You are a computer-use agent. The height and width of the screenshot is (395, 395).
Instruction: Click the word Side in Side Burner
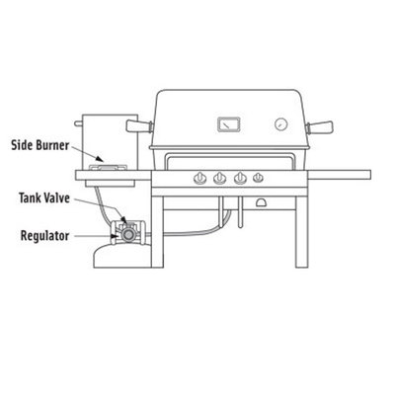click(23, 145)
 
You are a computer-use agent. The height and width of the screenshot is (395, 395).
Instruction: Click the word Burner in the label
click(52, 145)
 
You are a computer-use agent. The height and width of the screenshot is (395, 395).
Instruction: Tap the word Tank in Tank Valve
click(31, 198)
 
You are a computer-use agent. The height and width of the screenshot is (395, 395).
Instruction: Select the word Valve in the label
click(57, 198)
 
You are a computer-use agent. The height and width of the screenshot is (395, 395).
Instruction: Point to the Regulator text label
click(44, 236)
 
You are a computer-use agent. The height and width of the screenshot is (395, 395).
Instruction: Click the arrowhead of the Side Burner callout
click(100, 159)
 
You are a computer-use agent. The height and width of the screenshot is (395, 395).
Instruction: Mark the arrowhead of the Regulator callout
click(115, 236)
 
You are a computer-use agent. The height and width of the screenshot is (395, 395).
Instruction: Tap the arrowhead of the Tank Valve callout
click(123, 219)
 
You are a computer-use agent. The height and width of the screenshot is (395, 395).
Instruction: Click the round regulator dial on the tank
click(127, 234)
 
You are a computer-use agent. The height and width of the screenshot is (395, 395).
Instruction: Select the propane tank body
click(122, 256)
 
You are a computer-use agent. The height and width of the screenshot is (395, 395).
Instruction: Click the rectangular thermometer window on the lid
click(229, 124)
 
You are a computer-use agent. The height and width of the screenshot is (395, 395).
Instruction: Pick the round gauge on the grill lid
click(281, 124)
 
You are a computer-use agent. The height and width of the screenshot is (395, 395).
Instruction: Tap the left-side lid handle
click(139, 126)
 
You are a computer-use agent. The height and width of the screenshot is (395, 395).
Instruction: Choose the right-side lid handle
click(319, 126)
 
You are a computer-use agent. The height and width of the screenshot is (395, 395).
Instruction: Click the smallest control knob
click(258, 178)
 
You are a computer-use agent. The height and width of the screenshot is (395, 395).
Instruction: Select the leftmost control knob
click(199, 179)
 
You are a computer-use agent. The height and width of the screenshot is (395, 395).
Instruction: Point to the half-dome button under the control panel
click(263, 202)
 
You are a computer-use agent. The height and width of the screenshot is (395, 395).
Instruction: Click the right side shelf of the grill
click(340, 175)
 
